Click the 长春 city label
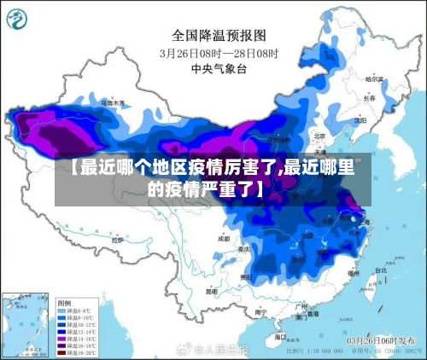[369, 97]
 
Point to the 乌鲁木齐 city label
[112, 102]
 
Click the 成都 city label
[224, 238]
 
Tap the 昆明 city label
[211, 291]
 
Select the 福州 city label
[353, 273]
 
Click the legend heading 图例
[64, 303]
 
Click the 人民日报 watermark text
[221, 350]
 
